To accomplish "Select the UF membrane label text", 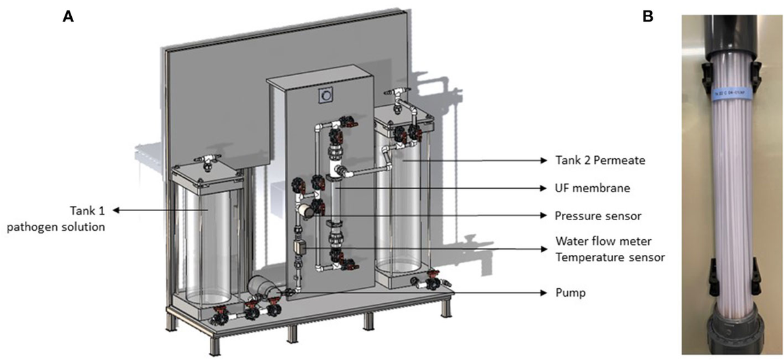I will pos(587,188).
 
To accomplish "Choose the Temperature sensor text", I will pos(610,257).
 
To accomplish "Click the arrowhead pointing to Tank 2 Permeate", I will pos(544,160).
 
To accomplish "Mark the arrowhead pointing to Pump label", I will pos(544,293).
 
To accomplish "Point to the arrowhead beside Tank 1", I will pos(117,210).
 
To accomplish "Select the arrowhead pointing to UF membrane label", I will pos(544,188).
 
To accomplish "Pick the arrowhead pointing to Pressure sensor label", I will pos(544,214).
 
